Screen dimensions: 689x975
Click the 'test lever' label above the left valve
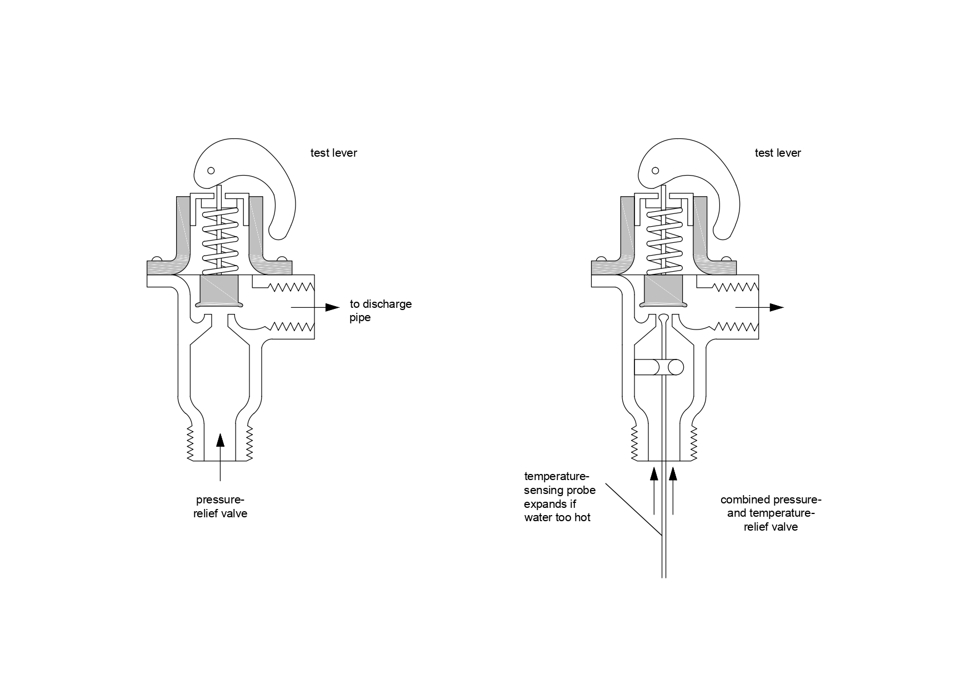(x=333, y=153)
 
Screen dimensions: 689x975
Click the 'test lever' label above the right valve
(x=778, y=153)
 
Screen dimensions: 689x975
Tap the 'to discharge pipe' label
(x=381, y=311)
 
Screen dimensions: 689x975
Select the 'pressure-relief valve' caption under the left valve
(x=220, y=506)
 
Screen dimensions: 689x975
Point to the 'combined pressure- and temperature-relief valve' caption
(x=771, y=513)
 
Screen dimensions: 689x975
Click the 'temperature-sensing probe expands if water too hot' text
(x=559, y=497)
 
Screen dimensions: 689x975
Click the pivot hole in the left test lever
(x=211, y=171)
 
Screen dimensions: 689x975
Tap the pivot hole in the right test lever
(x=655, y=171)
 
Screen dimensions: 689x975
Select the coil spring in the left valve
(x=221, y=241)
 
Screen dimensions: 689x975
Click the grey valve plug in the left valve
(x=219, y=291)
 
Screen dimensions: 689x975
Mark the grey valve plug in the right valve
(x=664, y=291)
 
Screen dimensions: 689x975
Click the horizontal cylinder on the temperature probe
(x=659, y=367)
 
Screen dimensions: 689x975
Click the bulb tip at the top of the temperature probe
(x=664, y=319)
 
